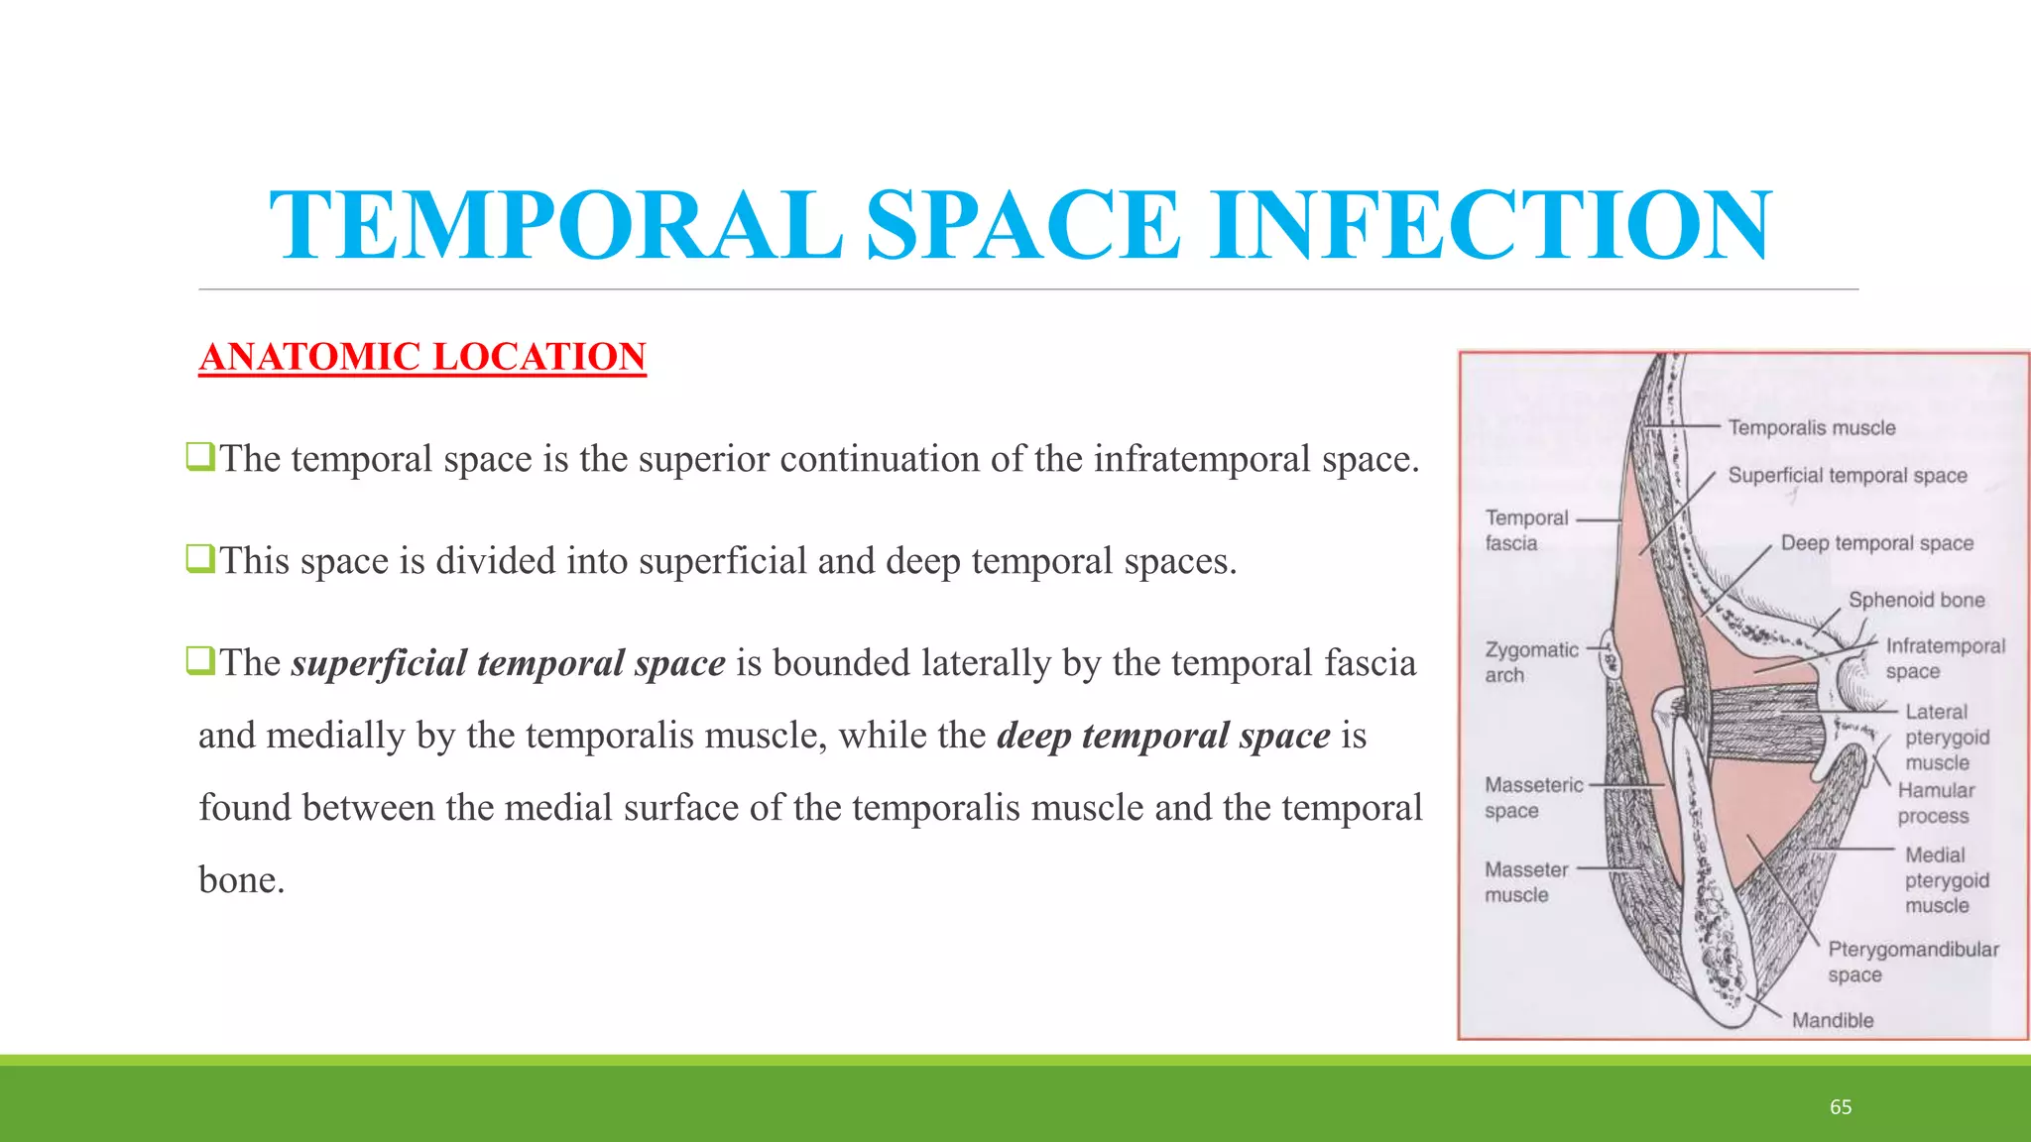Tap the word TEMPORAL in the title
(x=555, y=226)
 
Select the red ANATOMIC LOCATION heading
(x=422, y=357)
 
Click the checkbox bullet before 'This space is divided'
(x=199, y=559)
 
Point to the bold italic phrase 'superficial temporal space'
(x=508, y=663)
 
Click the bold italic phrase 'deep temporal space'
(x=1163, y=736)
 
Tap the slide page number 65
(x=1841, y=1107)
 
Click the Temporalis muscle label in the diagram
(x=1812, y=427)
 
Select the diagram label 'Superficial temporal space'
(x=1848, y=476)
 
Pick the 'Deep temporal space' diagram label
(x=1876, y=543)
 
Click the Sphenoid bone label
(x=1916, y=600)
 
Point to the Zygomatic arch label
(x=1530, y=662)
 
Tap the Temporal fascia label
(x=1526, y=530)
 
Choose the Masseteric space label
(x=1533, y=797)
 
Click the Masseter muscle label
(x=1526, y=881)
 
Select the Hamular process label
(x=1935, y=803)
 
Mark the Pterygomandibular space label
(x=1913, y=962)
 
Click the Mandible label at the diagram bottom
(x=1833, y=1020)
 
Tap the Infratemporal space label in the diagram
(x=1944, y=658)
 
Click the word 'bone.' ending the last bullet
(x=241, y=880)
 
